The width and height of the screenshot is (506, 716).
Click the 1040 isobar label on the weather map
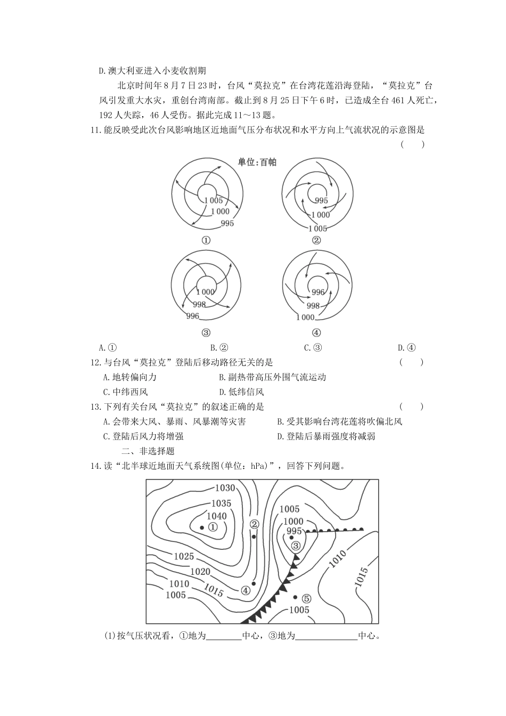pyautogui.click(x=216, y=516)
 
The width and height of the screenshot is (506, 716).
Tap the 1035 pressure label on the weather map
pyautogui.click(x=221, y=503)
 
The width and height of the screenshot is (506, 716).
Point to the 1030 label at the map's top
pyautogui.click(x=225, y=487)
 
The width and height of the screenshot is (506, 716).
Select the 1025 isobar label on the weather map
pyautogui.click(x=184, y=556)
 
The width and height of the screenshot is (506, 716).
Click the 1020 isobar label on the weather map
pyautogui.click(x=200, y=572)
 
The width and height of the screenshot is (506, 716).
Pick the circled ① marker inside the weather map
pyautogui.click(x=213, y=527)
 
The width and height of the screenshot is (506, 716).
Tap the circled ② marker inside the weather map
pyautogui.click(x=254, y=524)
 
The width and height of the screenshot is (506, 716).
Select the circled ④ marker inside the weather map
pyautogui.click(x=246, y=590)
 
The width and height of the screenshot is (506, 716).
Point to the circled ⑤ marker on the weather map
pyautogui.click(x=306, y=598)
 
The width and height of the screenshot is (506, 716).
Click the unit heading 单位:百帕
pyautogui.click(x=257, y=162)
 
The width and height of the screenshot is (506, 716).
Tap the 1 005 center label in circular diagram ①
pyautogui.click(x=213, y=200)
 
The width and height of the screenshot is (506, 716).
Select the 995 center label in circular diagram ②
pyautogui.click(x=321, y=201)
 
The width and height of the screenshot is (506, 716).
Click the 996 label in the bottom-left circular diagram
pyautogui.click(x=192, y=316)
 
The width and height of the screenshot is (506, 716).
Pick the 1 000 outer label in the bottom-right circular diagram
pyautogui.click(x=305, y=317)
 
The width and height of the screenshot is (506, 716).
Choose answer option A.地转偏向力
pyautogui.click(x=129, y=377)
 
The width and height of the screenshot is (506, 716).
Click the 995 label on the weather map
pyautogui.click(x=294, y=531)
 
